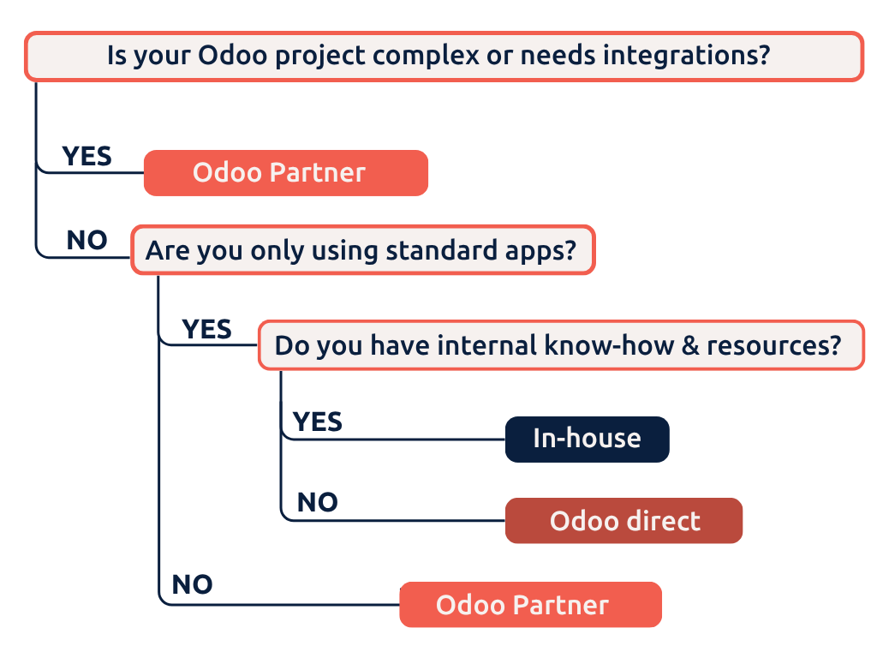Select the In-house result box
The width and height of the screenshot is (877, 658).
587,439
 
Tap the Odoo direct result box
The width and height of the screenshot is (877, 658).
623,521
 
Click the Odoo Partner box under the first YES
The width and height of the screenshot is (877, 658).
285,173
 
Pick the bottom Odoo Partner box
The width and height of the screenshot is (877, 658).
530,605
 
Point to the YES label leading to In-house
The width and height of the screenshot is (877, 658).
317,422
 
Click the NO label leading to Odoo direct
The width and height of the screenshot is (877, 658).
317,502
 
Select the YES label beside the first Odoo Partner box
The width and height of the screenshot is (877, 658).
87,156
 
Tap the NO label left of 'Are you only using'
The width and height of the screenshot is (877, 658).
87,241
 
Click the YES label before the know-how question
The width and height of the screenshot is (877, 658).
206,329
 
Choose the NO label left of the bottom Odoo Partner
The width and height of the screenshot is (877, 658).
192,584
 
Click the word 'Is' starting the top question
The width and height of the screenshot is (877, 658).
117,57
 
